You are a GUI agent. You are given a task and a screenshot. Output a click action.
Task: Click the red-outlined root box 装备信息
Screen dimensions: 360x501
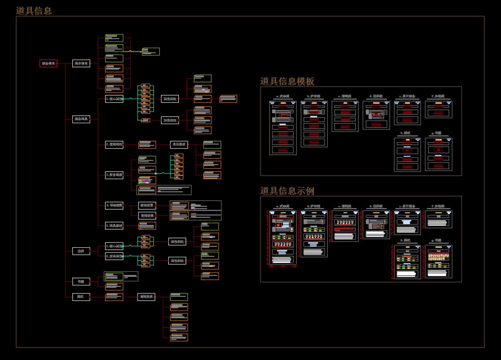click(x=49, y=63)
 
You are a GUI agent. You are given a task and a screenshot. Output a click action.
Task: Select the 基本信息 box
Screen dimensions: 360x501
click(x=81, y=63)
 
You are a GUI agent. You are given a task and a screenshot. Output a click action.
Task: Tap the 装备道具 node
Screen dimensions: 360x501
click(x=81, y=119)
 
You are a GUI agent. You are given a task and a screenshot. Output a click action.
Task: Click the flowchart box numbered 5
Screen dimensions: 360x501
click(x=114, y=226)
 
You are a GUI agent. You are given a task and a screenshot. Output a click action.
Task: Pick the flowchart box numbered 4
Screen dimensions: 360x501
click(x=114, y=205)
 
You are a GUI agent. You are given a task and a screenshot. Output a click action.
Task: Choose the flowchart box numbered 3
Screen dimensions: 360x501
click(x=114, y=175)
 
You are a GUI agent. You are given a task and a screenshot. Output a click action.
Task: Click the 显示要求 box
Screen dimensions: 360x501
click(x=179, y=145)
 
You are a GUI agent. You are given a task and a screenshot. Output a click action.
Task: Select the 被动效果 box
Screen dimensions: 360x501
click(x=147, y=205)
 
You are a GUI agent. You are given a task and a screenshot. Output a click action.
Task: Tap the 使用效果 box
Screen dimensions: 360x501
click(x=147, y=215)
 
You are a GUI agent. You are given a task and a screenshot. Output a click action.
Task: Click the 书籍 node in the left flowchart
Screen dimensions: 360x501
click(x=81, y=281)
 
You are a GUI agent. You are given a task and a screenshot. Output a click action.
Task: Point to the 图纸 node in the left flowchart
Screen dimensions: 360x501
click(x=81, y=297)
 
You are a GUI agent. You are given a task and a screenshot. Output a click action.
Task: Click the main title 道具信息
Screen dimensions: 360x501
click(x=34, y=11)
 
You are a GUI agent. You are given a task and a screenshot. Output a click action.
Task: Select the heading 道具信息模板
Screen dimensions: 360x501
click(x=287, y=81)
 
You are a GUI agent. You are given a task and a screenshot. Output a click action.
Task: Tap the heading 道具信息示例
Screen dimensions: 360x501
click(x=287, y=191)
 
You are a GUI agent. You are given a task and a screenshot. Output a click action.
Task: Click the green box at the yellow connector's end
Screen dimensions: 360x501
click(x=150, y=51)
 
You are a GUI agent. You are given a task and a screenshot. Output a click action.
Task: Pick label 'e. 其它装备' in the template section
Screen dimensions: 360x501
click(x=407, y=96)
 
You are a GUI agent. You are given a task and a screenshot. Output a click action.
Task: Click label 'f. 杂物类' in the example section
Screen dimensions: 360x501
click(x=438, y=206)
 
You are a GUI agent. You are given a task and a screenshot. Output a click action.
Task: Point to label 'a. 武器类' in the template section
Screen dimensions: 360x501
click(x=283, y=96)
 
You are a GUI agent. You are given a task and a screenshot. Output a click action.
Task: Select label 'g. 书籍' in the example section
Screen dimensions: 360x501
click(x=438, y=240)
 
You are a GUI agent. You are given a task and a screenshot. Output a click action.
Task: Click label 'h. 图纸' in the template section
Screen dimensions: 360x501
click(x=407, y=133)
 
